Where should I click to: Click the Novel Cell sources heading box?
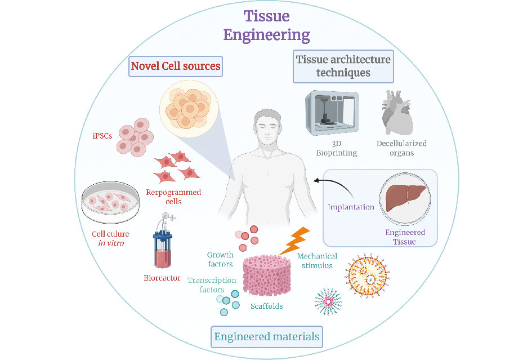(x=175, y=66)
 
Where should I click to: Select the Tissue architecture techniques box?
(x=343, y=66)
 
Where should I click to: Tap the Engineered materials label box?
(x=267, y=337)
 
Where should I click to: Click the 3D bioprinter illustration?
(x=330, y=112)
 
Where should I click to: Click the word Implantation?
(x=351, y=207)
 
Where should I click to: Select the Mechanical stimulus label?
(x=317, y=260)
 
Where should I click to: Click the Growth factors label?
(x=220, y=260)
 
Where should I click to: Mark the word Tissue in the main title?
(x=267, y=16)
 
